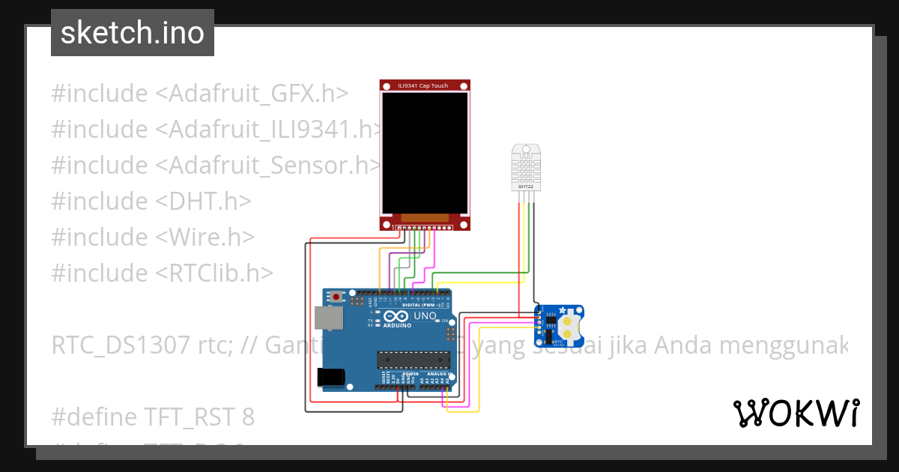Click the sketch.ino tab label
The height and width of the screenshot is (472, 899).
pyautogui.click(x=132, y=33)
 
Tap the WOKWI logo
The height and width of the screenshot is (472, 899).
pyautogui.click(x=796, y=414)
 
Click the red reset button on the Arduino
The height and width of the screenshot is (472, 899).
pyautogui.click(x=336, y=297)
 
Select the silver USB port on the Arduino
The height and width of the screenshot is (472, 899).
pyautogui.click(x=328, y=318)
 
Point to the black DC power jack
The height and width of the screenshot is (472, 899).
pyautogui.click(x=332, y=377)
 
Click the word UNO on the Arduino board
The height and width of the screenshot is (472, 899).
pyautogui.click(x=426, y=316)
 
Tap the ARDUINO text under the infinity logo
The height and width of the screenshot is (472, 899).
pyautogui.click(x=397, y=326)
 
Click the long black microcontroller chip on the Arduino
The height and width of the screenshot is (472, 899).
pyautogui.click(x=414, y=360)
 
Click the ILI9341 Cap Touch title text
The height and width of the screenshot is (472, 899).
pyautogui.click(x=425, y=86)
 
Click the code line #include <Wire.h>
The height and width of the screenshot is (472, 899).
pyautogui.click(x=153, y=237)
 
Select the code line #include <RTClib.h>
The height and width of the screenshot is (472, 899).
pyautogui.click(x=163, y=273)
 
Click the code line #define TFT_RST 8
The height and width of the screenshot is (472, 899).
pyautogui.click(x=153, y=417)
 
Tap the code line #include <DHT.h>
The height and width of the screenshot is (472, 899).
pyautogui.click(x=151, y=202)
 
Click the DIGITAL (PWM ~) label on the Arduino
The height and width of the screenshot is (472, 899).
pyautogui.click(x=421, y=305)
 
